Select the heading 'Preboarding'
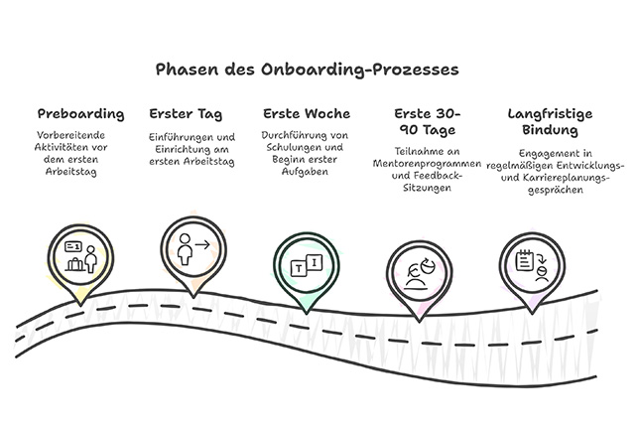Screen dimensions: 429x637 coord(80,113)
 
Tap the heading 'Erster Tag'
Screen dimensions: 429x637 coord(186,113)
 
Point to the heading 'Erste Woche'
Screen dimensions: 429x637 coord(307,113)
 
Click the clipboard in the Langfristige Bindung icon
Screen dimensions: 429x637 coord(525,257)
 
